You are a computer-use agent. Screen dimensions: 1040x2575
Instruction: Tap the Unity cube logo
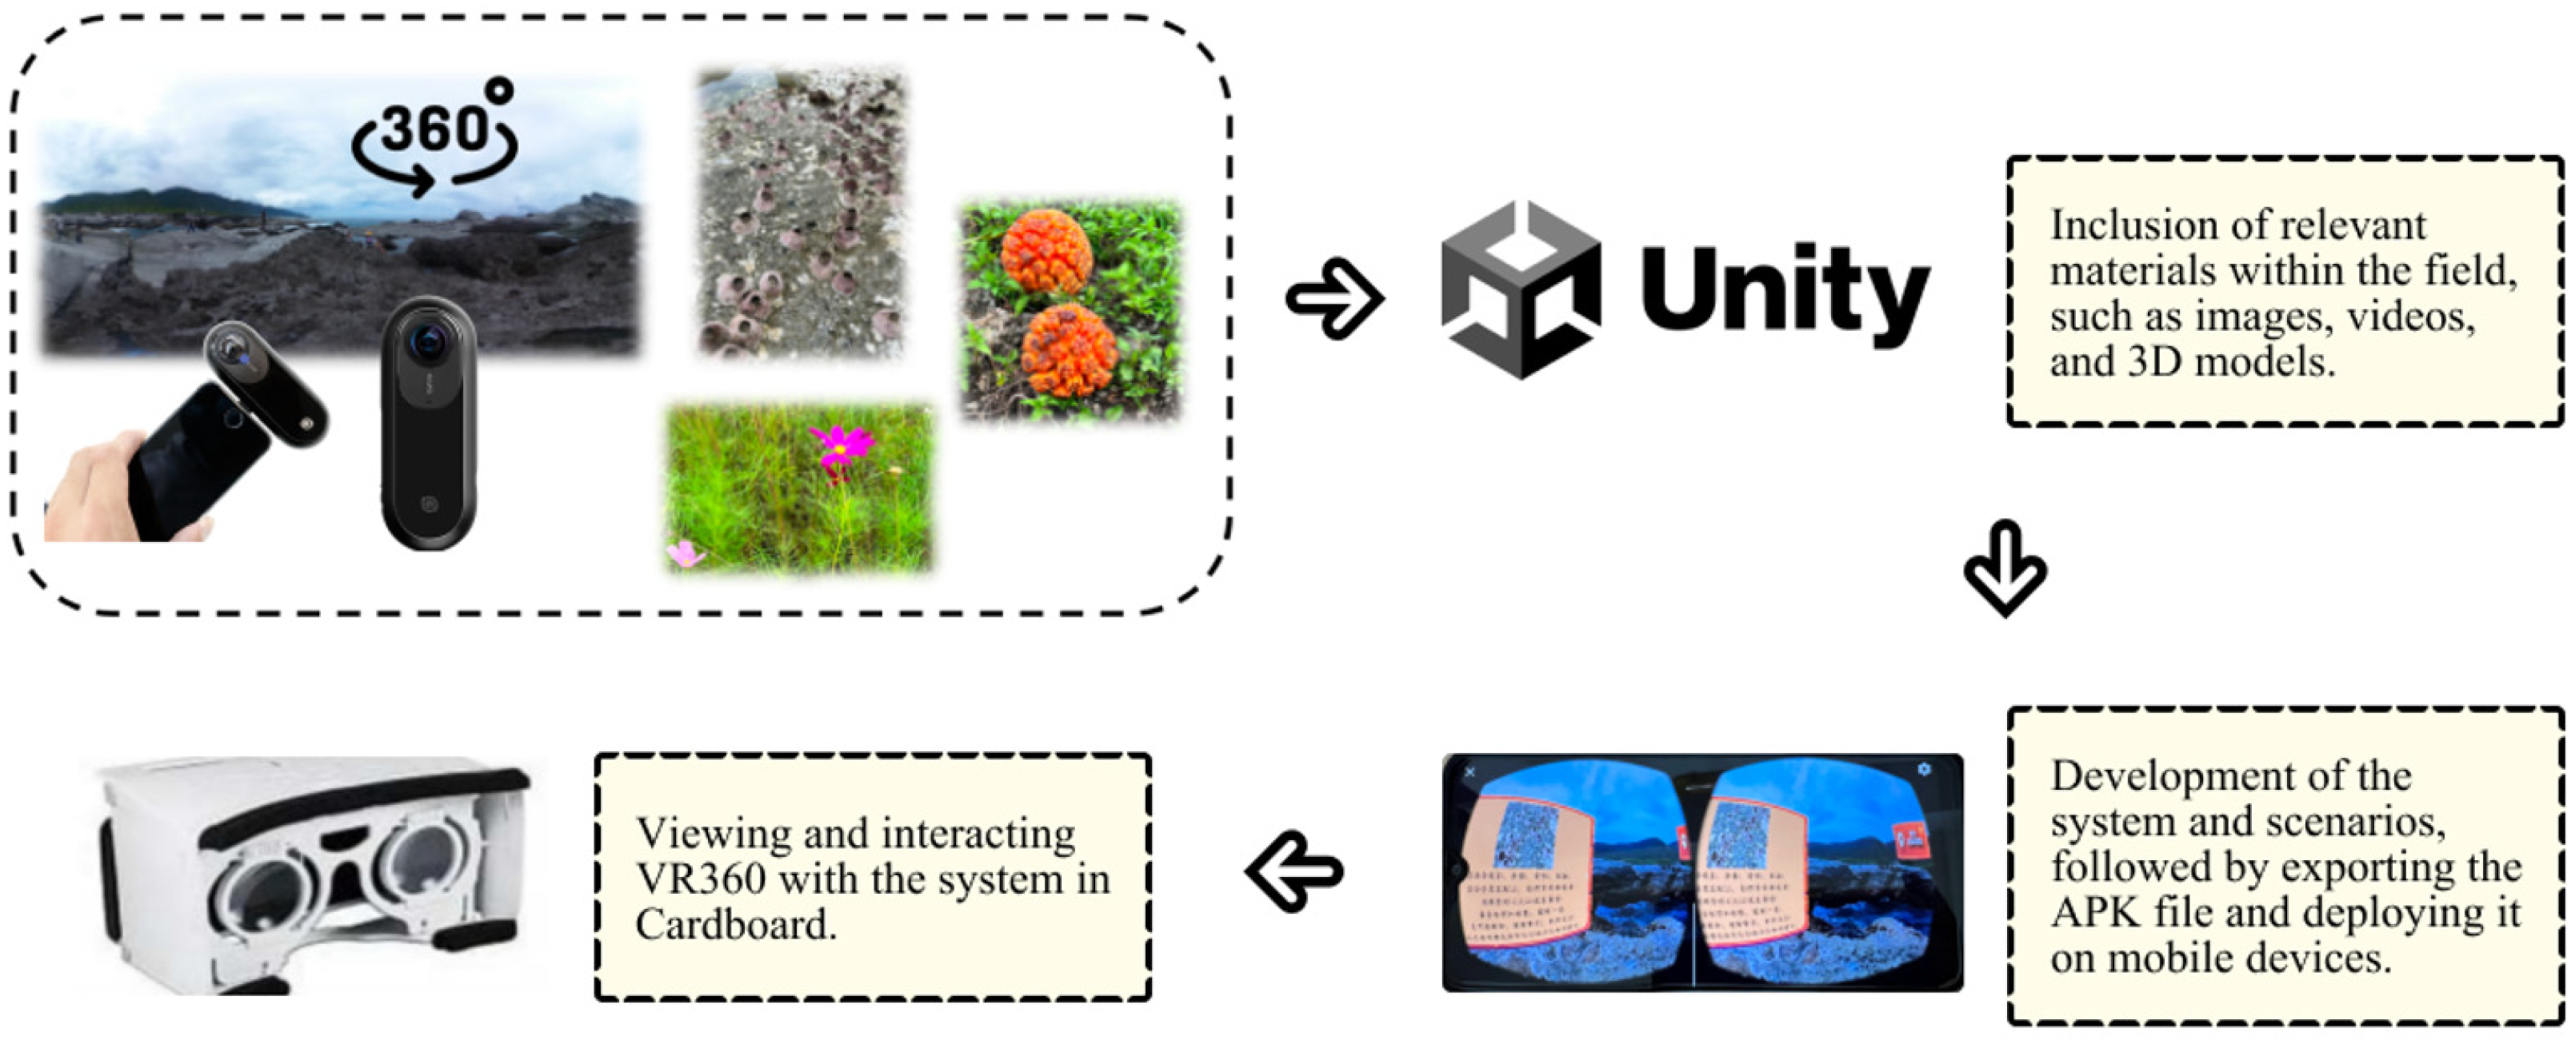click(1519, 289)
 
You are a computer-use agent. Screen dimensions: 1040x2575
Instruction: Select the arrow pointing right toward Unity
click(1334, 297)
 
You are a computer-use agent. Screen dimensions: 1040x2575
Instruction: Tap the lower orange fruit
click(1070, 349)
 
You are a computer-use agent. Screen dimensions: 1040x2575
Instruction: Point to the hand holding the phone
click(95, 489)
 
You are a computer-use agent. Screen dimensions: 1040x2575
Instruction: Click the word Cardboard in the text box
click(734, 925)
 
